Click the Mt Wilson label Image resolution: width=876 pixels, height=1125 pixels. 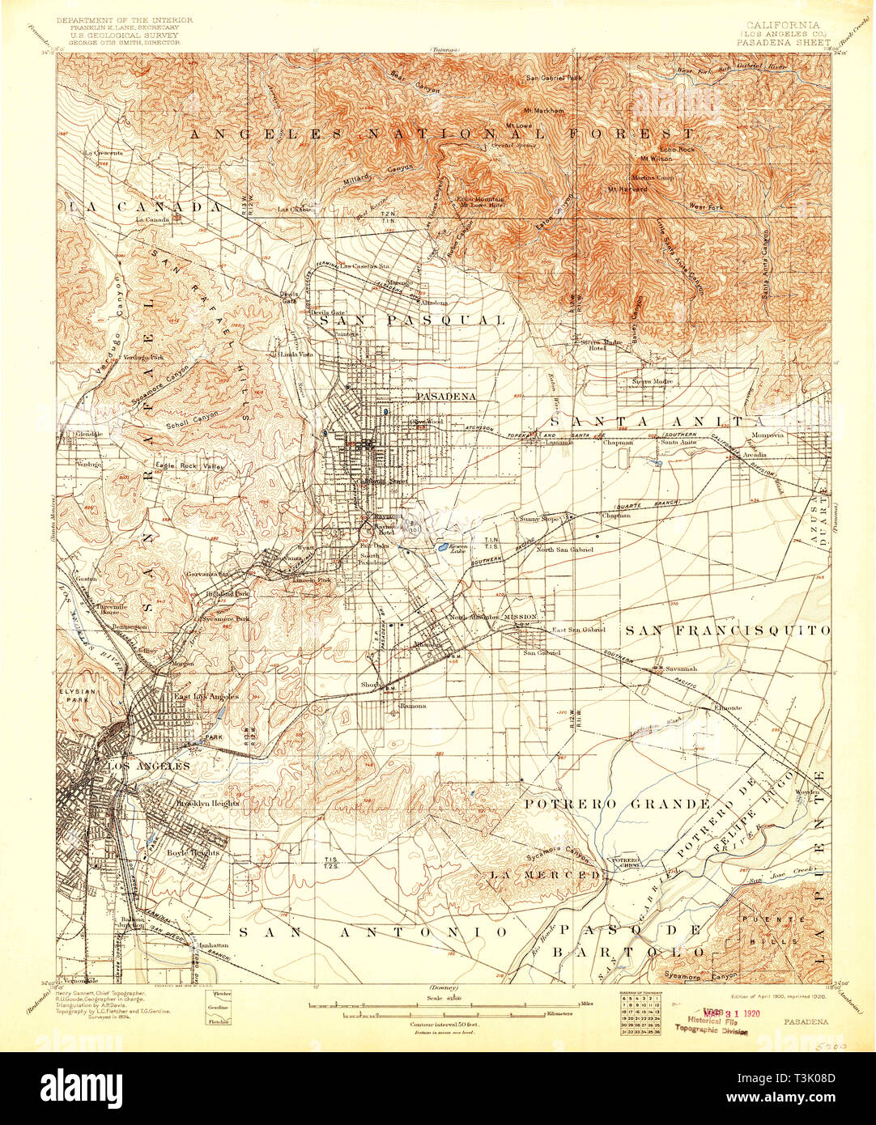tap(656, 159)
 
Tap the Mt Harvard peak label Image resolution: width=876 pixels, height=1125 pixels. tap(627, 189)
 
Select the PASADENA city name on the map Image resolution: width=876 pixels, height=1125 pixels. tap(445, 397)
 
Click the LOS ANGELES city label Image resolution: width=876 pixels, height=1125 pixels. tap(142, 766)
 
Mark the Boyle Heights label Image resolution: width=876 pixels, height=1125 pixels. tap(188, 852)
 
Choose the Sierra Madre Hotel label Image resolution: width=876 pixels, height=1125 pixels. tap(601, 345)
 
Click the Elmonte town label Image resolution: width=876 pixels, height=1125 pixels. tap(728, 707)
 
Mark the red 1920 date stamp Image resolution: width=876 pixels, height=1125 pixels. tap(728, 1012)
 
